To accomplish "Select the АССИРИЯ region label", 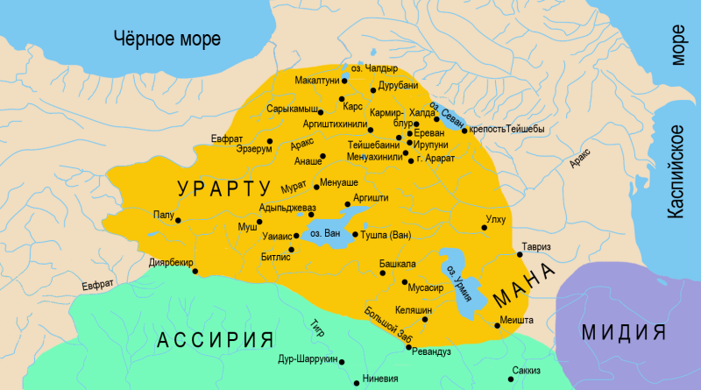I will pyautogui.click(x=216, y=340).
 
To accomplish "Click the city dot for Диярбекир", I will pyautogui.click(x=195, y=271).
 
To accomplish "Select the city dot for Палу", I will pyautogui.click(x=180, y=221).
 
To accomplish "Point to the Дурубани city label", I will pyautogui.click(x=401, y=88).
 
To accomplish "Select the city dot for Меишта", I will pyautogui.click(x=498, y=325).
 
